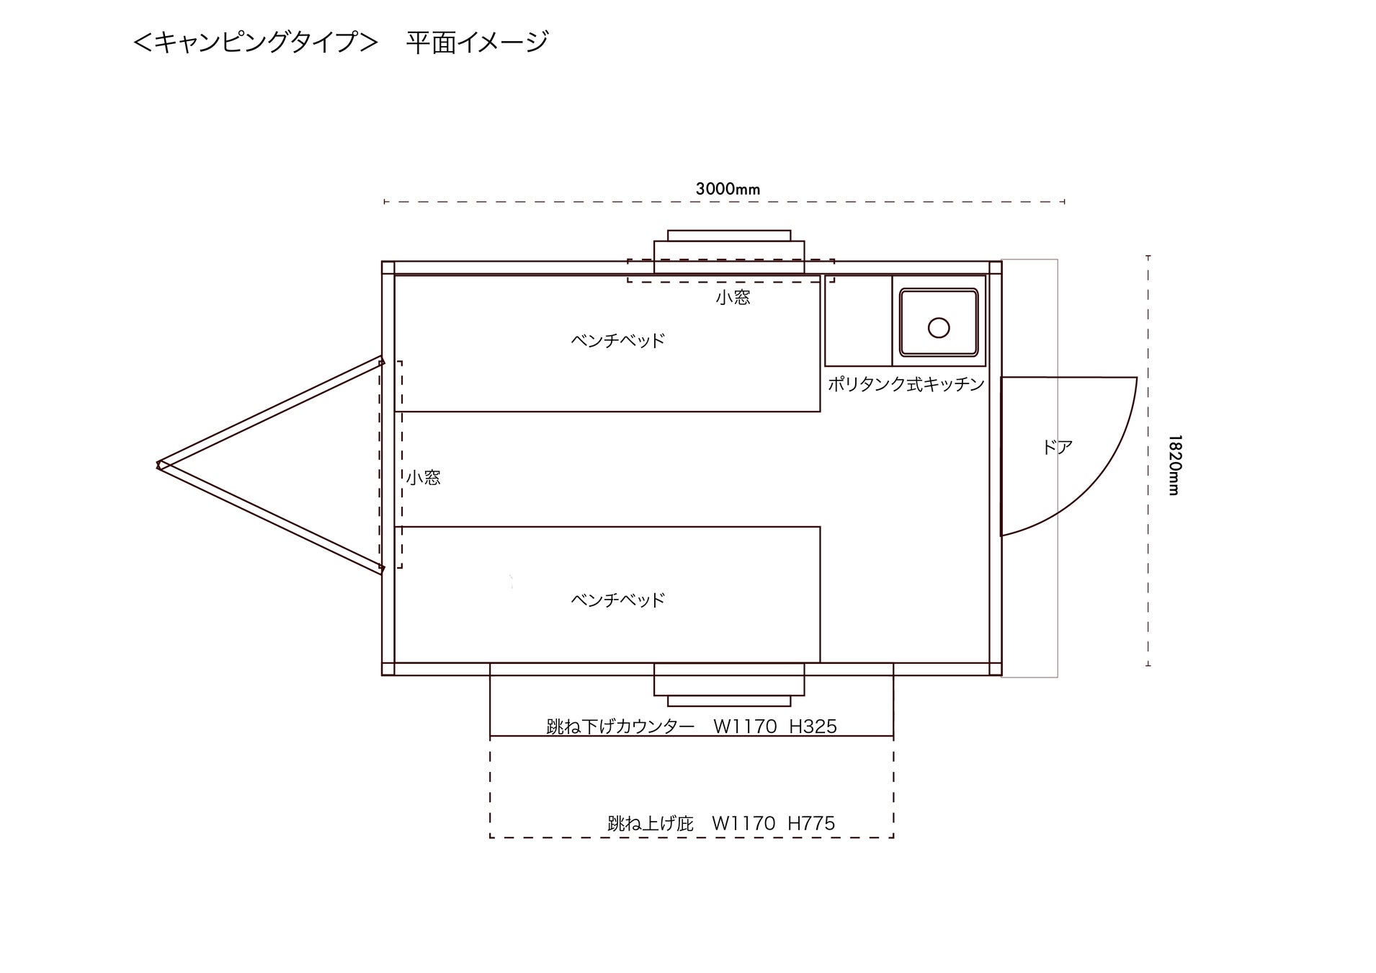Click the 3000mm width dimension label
click(x=728, y=190)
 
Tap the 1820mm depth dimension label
click(x=1174, y=465)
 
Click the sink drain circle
click(x=939, y=328)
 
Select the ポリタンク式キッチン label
click(x=906, y=384)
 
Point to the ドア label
click(x=1057, y=448)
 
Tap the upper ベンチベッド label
click(x=617, y=340)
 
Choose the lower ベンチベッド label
click(x=617, y=600)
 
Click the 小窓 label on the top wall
click(x=733, y=297)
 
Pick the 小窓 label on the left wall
click(x=423, y=477)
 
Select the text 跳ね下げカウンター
click(x=620, y=727)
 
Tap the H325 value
click(x=813, y=727)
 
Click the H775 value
click(x=811, y=823)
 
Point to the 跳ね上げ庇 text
click(x=650, y=823)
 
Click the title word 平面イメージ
click(x=477, y=42)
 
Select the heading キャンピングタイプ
click(x=256, y=42)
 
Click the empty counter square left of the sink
click(x=858, y=320)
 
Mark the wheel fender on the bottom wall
click(x=729, y=685)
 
